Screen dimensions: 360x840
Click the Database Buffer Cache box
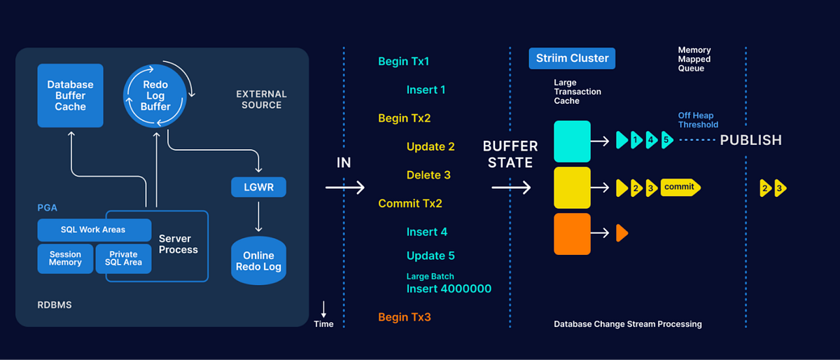pyautogui.click(x=70, y=96)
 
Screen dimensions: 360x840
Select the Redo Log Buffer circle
pyautogui.click(x=155, y=96)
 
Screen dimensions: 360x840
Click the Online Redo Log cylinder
pyautogui.click(x=258, y=261)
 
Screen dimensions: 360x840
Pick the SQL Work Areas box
pyautogui.click(x=93, y=230)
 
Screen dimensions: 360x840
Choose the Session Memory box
pyautogui.click(x=64, y=258)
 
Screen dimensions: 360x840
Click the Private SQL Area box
pyautogui.click(x=124, y=258)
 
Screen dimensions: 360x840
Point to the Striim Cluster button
pyautogui.click(x=572, y=58)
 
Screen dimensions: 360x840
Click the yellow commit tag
pyautogui.click(x=680, y=187)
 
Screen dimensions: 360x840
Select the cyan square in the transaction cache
pyautogui.click(x=572, y=141)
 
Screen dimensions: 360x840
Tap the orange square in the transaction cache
pyautogui.click(x=572, y=234)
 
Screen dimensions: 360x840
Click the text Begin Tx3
pyautogui.click(x=405, y=317)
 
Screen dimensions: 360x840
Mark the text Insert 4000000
pyautogui.click(x=449, y=289)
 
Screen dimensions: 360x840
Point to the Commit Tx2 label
pyautogui.click(x=410, y=204)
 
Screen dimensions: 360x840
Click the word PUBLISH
pyautogui.click(x=750, y=141)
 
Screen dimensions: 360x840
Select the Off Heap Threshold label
pyautogui.click(x=698, y=120)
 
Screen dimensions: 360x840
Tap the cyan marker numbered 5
pyautogui.click(x=666, y=140)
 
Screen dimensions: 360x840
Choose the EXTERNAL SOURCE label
pyautogui.click(x=261, y=99)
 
